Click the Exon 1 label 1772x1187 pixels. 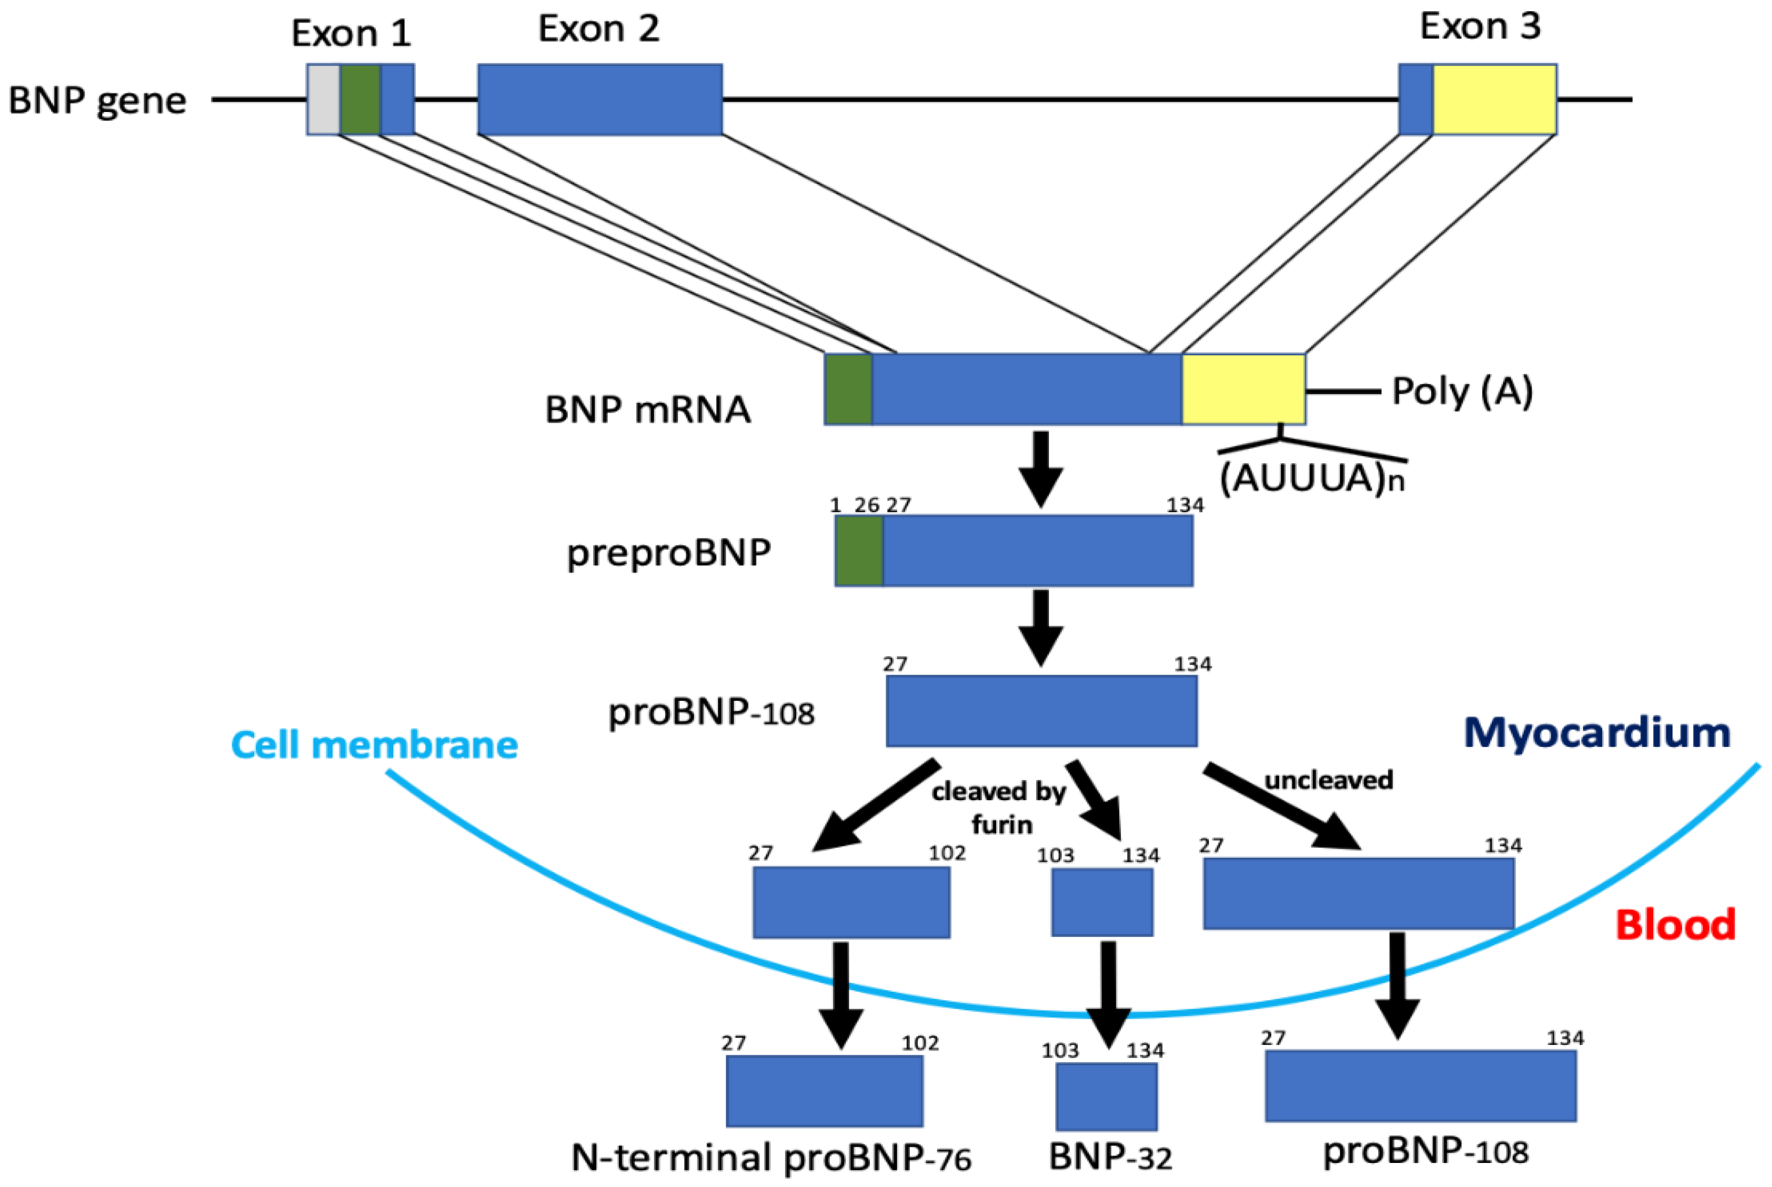[351, 33]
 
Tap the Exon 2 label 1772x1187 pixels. [598, 29]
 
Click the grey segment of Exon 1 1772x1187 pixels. [323, 99]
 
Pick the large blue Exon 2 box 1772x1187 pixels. [600, 99]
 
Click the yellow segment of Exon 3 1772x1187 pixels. [1494, 99]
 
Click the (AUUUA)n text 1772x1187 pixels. [1312, 477]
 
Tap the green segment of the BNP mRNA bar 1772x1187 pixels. [848, 389]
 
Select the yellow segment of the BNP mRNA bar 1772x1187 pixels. [1243, 389]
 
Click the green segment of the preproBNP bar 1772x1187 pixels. [859, 551]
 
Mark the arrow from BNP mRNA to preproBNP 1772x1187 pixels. [1041, 469]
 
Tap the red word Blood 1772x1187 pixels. [1675, 924]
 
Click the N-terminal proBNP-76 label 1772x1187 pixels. [771, 1157]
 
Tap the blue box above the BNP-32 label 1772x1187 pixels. [1106, 1096]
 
